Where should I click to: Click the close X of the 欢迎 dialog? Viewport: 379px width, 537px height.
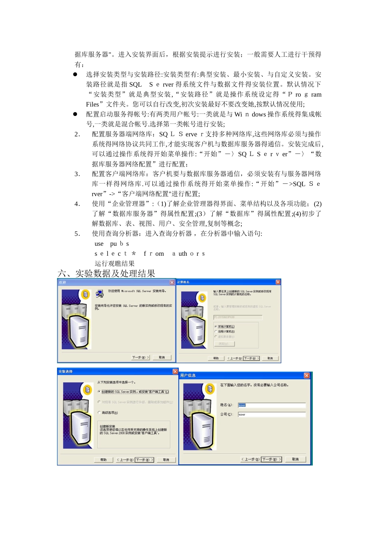pyautogui.click(x=172, y=282)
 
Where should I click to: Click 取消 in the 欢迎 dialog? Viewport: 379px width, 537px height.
pyautogui.click(x=162, y=358)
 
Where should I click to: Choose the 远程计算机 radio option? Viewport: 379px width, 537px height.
pyautogui.click(x=216, y=332)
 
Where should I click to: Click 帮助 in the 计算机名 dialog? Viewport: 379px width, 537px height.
pyautogui.click(x=216, y=358)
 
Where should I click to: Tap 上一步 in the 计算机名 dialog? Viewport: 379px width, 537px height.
pyautogui.click(x=235, y=358)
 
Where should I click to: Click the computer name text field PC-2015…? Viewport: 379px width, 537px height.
pyautogui.click(x=238, y=317)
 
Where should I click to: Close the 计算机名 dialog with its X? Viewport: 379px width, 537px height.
pyautogui.click(x=278, y=282)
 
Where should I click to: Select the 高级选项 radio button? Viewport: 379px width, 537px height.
pyautogui.click(x=99, y=412)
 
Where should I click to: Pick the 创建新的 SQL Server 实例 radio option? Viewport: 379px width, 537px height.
pyautogui.click(x=99, y=392)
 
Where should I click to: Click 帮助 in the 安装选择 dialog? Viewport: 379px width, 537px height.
pyautogui.click(x=104, y=460)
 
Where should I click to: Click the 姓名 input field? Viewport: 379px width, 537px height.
pyautogui.click(x=271, y=405)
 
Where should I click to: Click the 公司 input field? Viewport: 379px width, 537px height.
pyautogui.click(x=271, y=414)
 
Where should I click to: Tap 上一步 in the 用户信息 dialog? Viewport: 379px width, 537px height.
pyautogui.click(x=250, y=459)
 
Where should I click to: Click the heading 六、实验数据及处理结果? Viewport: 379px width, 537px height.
pyautogui.click(x=106, y=274)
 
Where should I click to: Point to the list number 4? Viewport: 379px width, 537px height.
pyautogui.click(x=77, y=204)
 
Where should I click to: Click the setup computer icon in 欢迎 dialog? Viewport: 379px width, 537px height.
pyautogui.click(x=100, y=294)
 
